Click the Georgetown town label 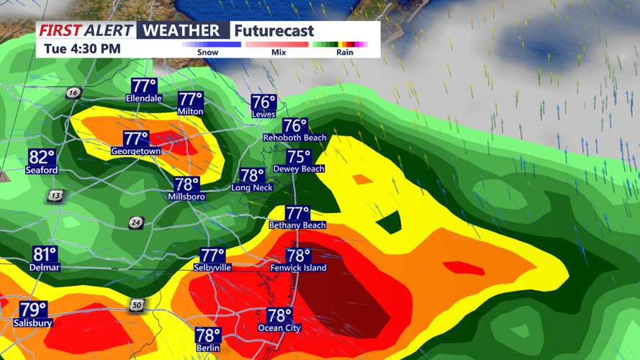tap(136, 151)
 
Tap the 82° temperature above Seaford tap(42, 158)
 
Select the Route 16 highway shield tap(73, 93)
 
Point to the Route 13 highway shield tap(55, 196)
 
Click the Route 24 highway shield tap(136, 223)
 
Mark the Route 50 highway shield tap(137, 305)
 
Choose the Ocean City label tap(279, 328)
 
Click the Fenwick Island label tap(298, 268)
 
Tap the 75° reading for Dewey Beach tap(299, 156)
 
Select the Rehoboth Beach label tap(295, 138)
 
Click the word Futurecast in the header tap(274, 31)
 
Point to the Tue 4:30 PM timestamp tap(82, 49)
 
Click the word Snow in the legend tap(208, 53)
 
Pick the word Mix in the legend tap(279, 53)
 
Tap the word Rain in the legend tap(345, 53)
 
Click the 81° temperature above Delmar tap(45, 254)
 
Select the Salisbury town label tap(32, 323)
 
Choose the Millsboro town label tap(186, 197)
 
